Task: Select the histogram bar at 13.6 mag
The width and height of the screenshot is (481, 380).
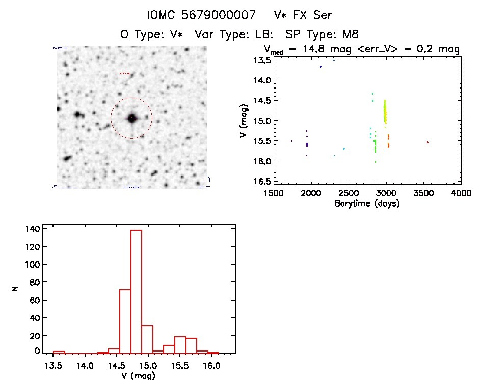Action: coord(59,352)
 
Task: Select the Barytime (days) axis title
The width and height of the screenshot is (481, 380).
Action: coord(367,203)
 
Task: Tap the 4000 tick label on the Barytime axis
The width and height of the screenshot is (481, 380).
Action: coord(461,193)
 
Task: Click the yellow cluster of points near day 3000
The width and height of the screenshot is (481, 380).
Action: coord(385,111)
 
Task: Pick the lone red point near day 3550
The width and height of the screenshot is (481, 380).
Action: coord(427,142)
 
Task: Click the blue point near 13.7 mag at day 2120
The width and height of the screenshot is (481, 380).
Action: coord(320,67)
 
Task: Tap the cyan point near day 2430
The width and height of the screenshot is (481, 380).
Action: coord(344,149)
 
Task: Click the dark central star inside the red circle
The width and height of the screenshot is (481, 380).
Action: coord(132,118)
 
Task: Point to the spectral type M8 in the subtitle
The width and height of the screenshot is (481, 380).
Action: coord(351,34)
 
